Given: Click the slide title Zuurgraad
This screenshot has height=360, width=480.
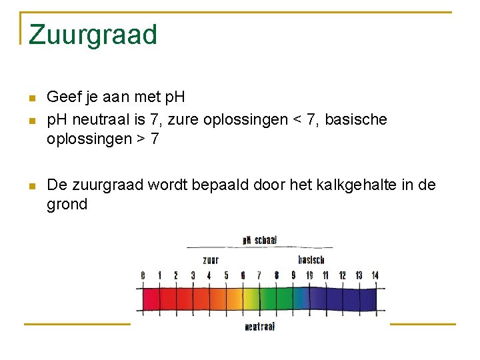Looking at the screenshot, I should coord(93,35).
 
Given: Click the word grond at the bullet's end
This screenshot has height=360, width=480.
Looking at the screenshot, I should coord(67,205).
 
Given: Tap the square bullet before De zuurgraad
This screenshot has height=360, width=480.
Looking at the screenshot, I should coord(31,186).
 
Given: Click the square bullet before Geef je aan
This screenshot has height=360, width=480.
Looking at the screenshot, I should coord(31,99).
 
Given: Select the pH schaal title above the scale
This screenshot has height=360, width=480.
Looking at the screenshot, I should coord(259,240).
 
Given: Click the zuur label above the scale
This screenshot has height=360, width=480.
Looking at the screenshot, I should coord(211,259).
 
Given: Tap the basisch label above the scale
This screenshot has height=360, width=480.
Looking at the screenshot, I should coord(311,259).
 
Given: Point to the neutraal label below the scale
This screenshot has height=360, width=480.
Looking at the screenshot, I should coord(260,327).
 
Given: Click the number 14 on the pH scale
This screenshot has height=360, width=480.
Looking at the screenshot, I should coord(375,275).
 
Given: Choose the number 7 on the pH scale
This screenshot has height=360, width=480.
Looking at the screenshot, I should coord(259,275).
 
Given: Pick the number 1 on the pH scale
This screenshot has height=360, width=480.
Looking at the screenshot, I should coord(159,275).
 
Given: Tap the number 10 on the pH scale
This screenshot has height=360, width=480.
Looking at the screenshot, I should coord(309,275).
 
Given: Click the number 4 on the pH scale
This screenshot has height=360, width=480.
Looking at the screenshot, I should coord(209,275).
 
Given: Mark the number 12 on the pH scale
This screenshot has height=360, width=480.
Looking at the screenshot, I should coord(342,275).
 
